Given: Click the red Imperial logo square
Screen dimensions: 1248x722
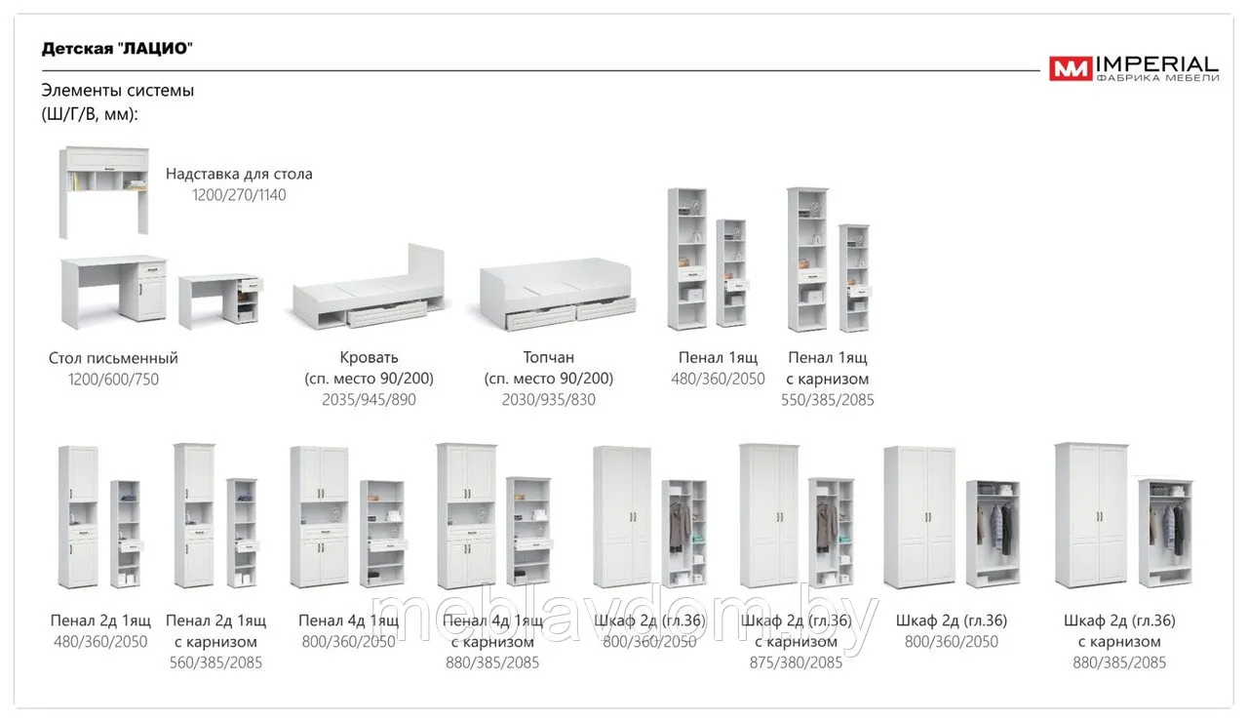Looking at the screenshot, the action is tap(1070, 68).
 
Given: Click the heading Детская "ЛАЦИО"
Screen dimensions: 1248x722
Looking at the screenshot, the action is tap(117, 49).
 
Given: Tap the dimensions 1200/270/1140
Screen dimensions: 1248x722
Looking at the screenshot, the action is tap(239, 195).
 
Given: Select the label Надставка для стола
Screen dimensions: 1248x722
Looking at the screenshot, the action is tap(239, 174).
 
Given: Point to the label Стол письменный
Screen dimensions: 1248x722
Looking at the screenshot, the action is tap(113, 358).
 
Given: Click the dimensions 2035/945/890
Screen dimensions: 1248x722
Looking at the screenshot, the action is tap(369, 400).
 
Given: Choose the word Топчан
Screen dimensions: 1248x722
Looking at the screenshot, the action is tap(548, 357).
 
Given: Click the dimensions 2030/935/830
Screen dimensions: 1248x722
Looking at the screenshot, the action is tap(548, 400).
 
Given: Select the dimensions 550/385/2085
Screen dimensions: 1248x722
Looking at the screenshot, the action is tap(828, 400).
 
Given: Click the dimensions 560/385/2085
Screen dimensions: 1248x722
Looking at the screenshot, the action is tap(215, 662).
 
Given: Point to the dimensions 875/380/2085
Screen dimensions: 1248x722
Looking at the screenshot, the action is tap(796, 662).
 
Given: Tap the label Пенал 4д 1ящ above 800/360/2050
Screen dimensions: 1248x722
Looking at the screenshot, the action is tap(349, 621).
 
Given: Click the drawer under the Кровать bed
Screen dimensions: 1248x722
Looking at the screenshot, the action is tap(387, 314).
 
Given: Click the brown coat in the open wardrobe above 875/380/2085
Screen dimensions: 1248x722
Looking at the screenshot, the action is tap(827, 525).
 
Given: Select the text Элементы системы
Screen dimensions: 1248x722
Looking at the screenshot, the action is tap(118, 91).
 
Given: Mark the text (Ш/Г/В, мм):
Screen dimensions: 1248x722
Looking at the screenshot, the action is tap(90, 114).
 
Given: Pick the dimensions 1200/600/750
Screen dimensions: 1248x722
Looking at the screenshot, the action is tap(113, 380).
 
